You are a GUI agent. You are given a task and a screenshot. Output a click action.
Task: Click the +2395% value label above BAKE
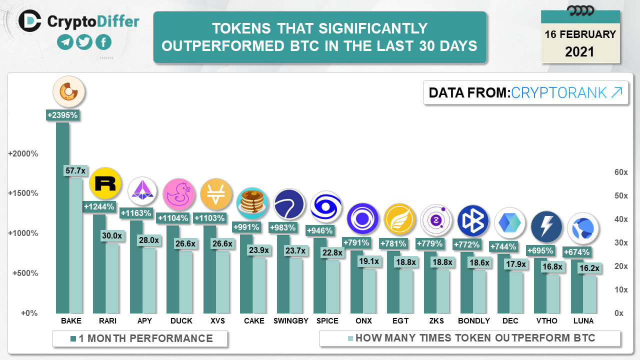tap(62, 115)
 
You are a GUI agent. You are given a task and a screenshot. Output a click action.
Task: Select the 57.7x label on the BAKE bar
tap(75, 171)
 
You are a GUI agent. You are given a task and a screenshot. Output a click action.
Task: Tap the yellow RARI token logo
tap(105, 183)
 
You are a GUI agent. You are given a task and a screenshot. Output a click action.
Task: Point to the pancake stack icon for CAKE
tap(252, 203)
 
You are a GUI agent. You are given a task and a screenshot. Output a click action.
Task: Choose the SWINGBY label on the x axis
tap(290, 321)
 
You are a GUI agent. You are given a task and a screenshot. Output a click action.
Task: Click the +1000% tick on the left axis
tap(23, 233)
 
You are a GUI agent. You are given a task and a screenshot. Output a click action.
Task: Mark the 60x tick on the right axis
tap(620, 172)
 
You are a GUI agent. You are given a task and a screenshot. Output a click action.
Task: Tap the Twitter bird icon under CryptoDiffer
tap(84, 42)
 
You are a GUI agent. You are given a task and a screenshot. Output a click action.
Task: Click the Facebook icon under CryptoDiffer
tap(103, 42)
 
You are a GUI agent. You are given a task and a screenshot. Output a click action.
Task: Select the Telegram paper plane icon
tap(65, 42)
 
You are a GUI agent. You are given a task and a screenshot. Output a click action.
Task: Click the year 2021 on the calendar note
tap(580, 51)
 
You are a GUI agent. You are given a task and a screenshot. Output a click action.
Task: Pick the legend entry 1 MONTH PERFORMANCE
tap(145, 338)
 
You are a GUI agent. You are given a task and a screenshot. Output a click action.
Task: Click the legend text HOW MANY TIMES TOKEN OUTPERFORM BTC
tap(475, 338)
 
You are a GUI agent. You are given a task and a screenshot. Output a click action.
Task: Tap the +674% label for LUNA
tap(577, 251)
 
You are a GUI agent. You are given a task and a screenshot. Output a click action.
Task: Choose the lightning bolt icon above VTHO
tap(546, 226)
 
